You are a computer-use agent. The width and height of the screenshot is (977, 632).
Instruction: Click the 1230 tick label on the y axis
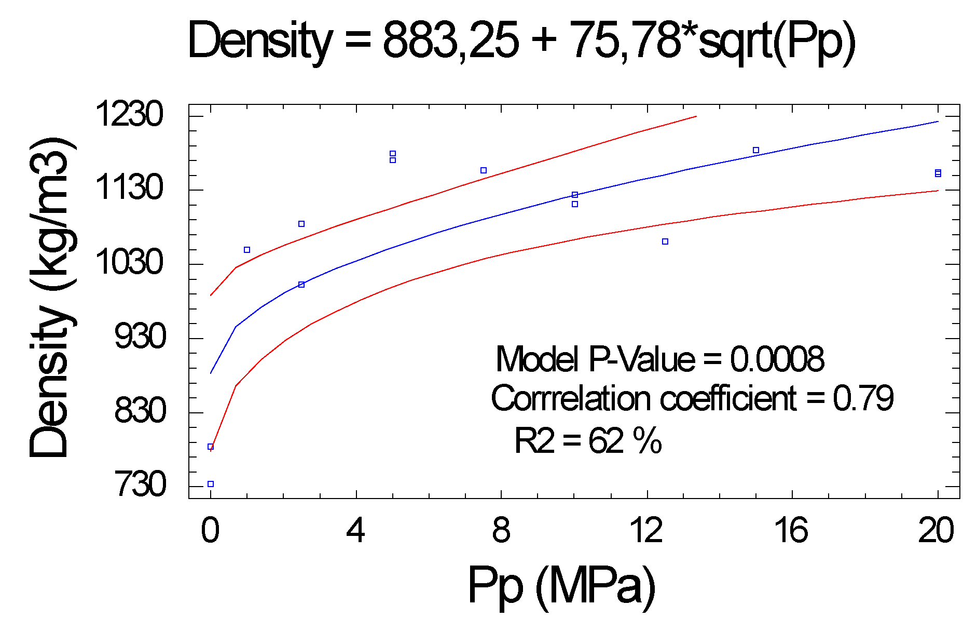[x=129, y=115]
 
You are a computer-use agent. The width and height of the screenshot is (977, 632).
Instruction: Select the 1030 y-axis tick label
[x=129, y=262]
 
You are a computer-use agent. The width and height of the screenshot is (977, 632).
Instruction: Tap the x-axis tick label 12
[x=646, y=531]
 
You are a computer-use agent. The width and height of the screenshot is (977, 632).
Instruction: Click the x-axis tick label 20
[x=935, y=531]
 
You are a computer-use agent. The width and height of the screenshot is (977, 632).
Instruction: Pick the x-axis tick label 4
[x=355, y=531]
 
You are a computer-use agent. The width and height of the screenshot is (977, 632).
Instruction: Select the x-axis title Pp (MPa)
[x=561, y=586]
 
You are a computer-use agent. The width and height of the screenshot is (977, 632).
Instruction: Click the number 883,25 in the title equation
[x=450, y=41]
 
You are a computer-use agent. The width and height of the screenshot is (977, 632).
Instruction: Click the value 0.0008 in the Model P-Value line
[x=777, y=359]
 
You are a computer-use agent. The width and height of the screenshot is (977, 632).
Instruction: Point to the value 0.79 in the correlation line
[x=863, y=399]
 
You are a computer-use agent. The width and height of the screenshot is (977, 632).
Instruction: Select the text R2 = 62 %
[x=587, y=441]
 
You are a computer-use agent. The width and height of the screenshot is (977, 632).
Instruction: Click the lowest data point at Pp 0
[x=211, y=484]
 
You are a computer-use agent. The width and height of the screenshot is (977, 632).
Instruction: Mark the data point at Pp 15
[x=756, y=150]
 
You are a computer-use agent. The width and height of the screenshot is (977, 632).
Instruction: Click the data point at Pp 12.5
[x=665, y=241]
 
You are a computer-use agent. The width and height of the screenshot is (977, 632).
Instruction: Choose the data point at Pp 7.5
[x=484, y=170]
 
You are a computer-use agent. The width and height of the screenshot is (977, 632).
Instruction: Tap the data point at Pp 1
[x=247, y=250]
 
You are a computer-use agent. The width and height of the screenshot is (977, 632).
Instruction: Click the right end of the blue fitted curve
[x=938, y=122]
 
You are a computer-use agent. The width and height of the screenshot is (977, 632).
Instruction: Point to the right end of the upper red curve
[x=696, y=116]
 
